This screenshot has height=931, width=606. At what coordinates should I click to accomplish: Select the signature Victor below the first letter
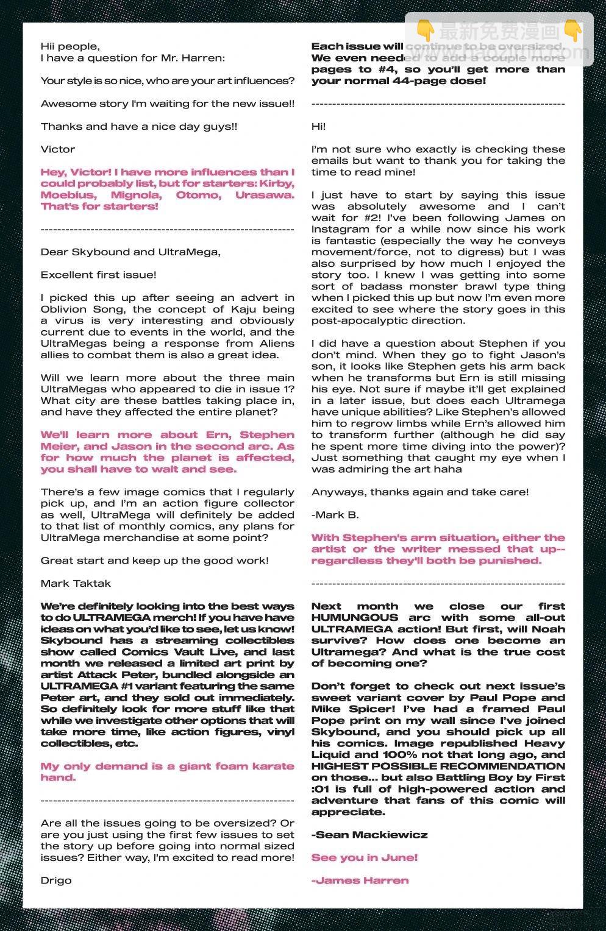(58, 149)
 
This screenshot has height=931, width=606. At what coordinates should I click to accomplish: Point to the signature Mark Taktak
(76, 583)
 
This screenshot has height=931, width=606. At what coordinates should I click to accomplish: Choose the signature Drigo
(56, 880)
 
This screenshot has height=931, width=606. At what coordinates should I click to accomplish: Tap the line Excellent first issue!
(99, 275)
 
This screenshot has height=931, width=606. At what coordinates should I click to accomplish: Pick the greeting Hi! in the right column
(319, 126)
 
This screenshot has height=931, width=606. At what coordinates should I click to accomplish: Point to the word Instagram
(340, 229)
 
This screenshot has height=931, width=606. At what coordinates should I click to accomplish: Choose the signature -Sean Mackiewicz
(369, 835)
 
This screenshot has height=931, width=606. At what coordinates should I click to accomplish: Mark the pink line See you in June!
(365, 858)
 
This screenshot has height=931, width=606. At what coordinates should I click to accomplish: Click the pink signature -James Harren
(360, 880)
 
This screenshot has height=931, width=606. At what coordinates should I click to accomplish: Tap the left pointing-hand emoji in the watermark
(426, 30)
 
